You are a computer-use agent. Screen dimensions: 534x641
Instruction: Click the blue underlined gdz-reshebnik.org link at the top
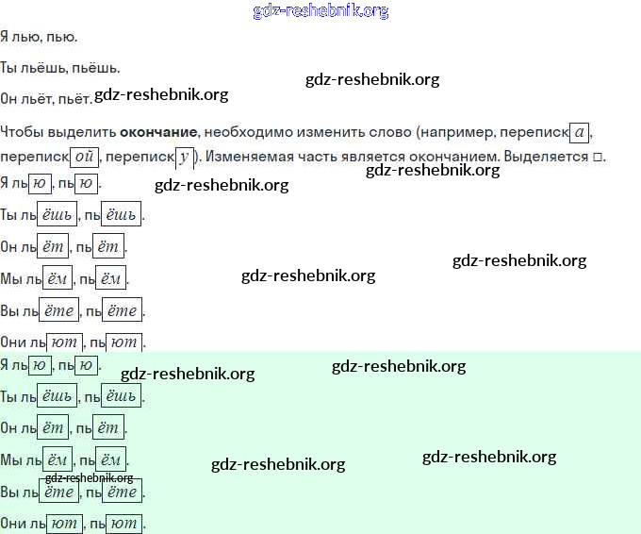320,11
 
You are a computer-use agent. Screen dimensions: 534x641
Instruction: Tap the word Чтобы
22,131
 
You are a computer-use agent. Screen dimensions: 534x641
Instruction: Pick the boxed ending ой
84,157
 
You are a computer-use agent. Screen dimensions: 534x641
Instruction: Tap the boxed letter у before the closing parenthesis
184,157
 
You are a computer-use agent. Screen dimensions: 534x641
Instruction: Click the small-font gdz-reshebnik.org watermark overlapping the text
90,477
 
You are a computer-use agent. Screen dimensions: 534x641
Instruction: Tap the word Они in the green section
13,523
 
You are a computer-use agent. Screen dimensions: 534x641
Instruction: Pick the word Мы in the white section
11,278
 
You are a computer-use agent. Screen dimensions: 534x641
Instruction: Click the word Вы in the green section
10,492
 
